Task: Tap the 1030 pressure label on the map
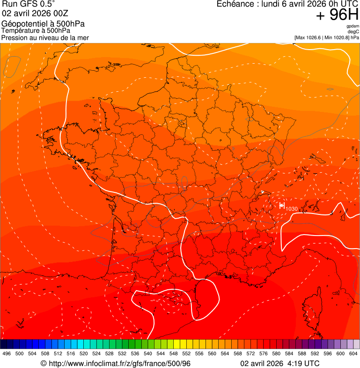click(x=291, y=208)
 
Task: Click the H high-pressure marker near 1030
click(x=282, y=206)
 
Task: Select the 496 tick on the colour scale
click(x=7, y=353)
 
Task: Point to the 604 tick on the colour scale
click(x=353, y=353)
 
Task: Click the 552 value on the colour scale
click(x=186, y=353)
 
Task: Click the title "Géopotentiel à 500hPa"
click(x=43, y=24)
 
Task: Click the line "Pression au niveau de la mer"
click(x=45, y=37)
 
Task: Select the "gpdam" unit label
click(x=353, y=26)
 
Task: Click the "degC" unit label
click(x=353, y=32)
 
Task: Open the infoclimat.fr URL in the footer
click(x=119, y=363)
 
